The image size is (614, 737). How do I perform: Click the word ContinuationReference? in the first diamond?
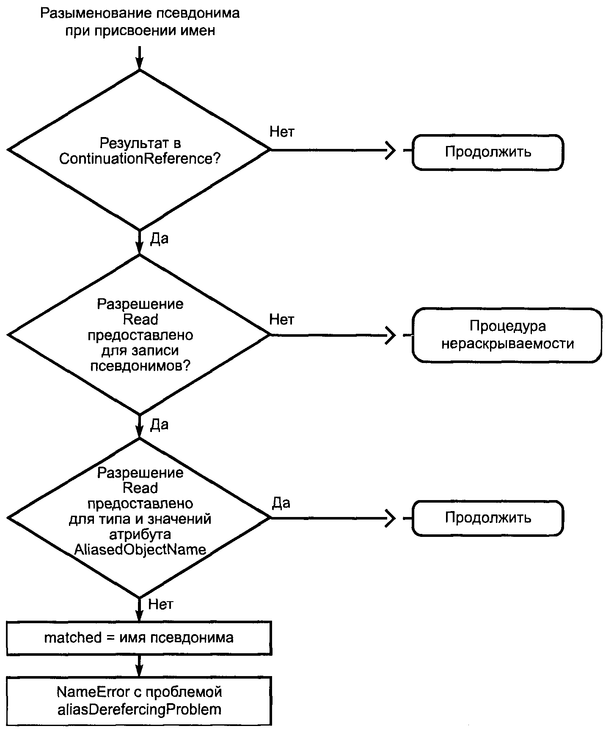(x=140, y=159)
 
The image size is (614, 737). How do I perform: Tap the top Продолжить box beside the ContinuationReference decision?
(x=487, y=152)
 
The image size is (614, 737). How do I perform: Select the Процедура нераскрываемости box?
(x=507, y=335)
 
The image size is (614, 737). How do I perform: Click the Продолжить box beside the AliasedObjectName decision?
(x=487, y=518)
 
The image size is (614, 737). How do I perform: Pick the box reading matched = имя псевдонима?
(x=139, y=638)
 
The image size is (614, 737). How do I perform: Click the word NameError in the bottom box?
(x=93, y=692)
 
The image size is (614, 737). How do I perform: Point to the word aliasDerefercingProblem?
(x=139, y=709)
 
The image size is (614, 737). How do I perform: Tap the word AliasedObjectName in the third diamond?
(x=140, y=549)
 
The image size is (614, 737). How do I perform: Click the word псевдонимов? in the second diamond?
(x=140, y=366)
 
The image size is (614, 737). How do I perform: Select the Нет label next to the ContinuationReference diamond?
(x=282, y=132)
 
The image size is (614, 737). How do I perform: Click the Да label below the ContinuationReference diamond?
(x=159, y=239)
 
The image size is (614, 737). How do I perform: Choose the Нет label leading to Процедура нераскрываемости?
(x=282, y=319)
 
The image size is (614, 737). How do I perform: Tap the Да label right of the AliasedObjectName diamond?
(x=281, y=503)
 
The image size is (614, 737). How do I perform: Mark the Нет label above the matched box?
(x=161, y=604)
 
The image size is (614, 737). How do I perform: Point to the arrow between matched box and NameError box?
(x=139, y=666)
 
